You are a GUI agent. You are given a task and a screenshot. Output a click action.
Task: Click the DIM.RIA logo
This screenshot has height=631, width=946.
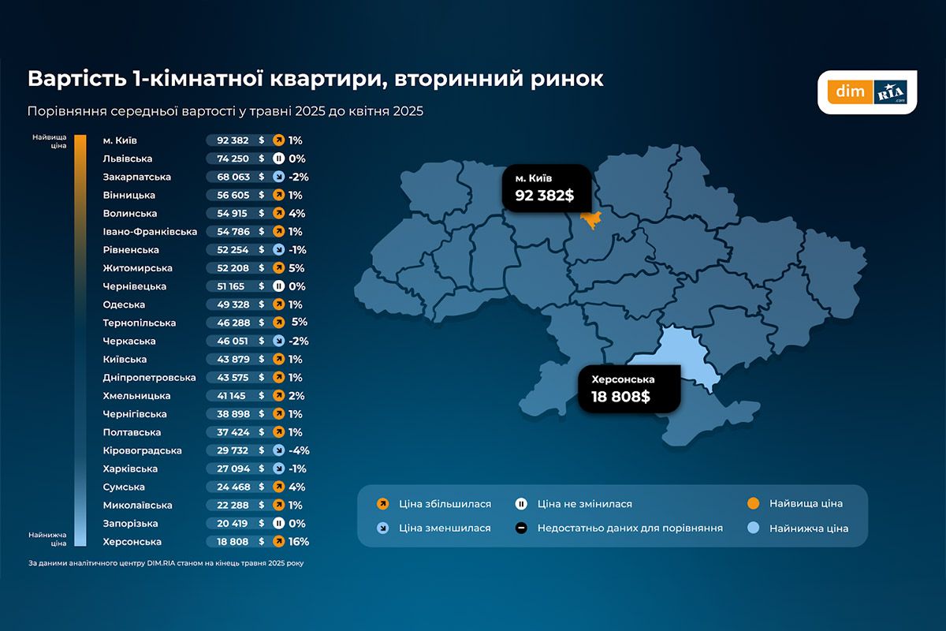[x=867, y=92]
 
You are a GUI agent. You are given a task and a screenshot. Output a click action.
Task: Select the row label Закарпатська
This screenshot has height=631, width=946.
[x=136, y=177]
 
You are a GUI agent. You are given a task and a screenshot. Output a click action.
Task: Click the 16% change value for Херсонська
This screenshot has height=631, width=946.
[x=299, y=542]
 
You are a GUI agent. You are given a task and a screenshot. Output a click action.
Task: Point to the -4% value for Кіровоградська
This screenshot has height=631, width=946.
[x=299, y=450]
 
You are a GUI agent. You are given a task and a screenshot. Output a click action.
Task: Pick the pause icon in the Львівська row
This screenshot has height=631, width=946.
[x=277, y=159]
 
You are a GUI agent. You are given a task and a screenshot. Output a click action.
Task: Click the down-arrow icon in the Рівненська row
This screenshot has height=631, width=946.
[x=277, y=250]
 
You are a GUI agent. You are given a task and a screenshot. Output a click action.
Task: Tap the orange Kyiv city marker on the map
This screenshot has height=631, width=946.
[x=589, y=218]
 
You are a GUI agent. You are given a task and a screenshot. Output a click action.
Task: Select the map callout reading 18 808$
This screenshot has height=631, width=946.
[x=628, y=389]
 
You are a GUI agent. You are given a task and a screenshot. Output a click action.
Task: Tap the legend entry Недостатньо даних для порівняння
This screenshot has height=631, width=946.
[x=629, y=528]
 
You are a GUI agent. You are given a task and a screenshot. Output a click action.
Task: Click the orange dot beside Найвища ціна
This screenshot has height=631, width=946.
[x=753, y=504]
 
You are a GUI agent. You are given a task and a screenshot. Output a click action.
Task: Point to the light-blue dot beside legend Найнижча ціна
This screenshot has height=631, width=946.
[x=753, y=528]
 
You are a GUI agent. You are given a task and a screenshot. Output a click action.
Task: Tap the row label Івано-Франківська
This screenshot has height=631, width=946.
[x=150, y=232]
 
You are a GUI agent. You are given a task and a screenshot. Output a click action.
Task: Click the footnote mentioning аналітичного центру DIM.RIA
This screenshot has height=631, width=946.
[x=166, y=563]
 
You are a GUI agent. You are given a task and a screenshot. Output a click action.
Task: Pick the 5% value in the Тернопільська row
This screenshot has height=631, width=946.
[x=299, y=323]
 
